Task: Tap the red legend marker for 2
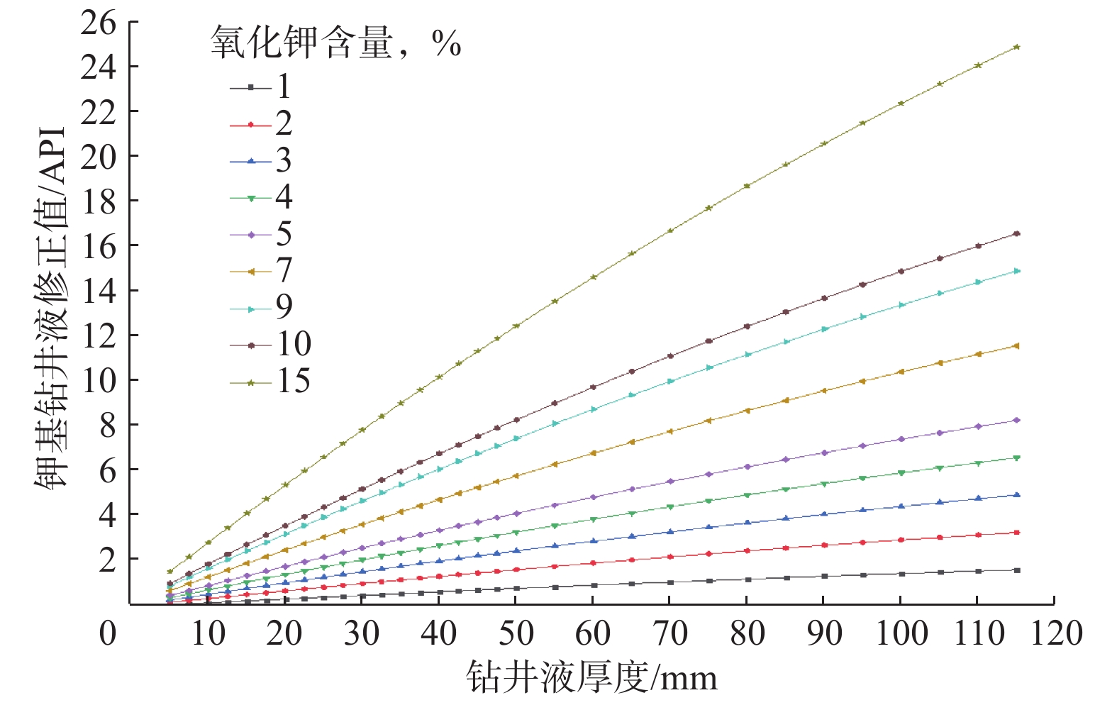[x=251, y=125]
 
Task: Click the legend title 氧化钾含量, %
[x=335, y=43]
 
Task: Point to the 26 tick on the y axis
[x=98, y=23]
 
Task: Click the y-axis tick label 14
[x=98, y=291]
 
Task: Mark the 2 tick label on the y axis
[x=106, y=559]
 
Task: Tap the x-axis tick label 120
[x=1056, y=633]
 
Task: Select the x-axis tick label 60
[x=592, y=633]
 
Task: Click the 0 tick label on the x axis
[x=108, y=633]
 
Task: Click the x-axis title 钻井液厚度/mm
[x=591, y=678]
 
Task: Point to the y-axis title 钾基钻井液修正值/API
[x=51, y=309]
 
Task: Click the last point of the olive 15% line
[x=1017, y=47]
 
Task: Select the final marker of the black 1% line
[x=1017, y=570]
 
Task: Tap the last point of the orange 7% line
[x=1017, y=346]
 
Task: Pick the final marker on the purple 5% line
[x=1017, y=421]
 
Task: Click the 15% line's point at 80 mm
[x=747, y=186]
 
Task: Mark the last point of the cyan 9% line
[x=1017, y=271]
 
